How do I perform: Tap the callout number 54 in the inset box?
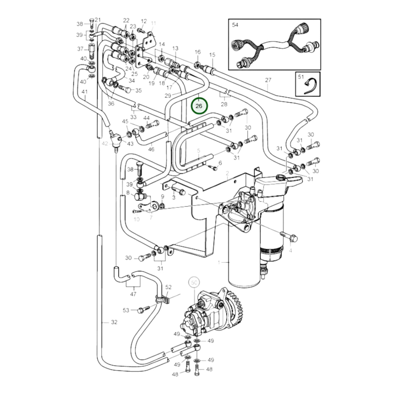235,25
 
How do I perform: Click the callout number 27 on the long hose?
268,80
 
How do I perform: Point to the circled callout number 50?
194,283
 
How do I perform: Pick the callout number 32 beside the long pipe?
114,322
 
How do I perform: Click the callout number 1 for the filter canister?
219,262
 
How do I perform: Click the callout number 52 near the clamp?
169,287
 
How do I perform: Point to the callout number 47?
133,294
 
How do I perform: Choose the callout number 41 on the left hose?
85,92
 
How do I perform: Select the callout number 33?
133,117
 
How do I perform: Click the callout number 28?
224,104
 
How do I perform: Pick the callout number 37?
80,49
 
